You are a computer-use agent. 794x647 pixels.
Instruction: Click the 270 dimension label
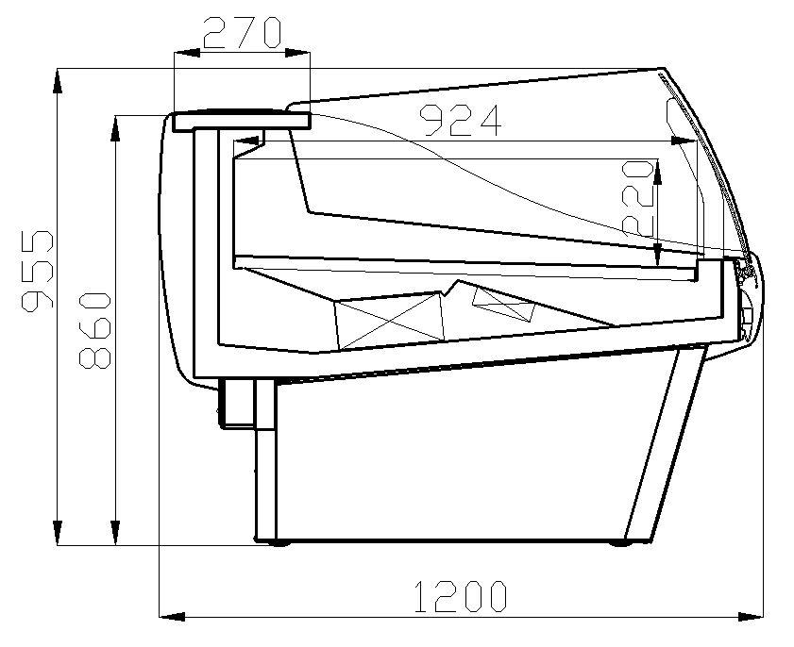(x=242, y=33)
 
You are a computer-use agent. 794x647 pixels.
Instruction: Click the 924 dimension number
(x=461, y=121)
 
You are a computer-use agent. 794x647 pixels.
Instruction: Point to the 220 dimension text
(x=638, y=198)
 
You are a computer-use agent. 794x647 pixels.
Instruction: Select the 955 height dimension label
(x=38, y=271)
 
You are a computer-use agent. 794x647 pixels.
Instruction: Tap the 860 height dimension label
(x=94, y=330)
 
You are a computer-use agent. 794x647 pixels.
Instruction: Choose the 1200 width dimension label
(x=461, y=597)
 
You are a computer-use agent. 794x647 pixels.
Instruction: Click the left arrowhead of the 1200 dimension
(x=172, y=617)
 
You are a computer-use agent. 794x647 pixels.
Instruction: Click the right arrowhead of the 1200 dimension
(x=750, y=617)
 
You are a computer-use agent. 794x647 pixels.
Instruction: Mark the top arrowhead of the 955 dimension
(x=58, y=81)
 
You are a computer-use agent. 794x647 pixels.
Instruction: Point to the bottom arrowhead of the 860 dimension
(x=116, y=532)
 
